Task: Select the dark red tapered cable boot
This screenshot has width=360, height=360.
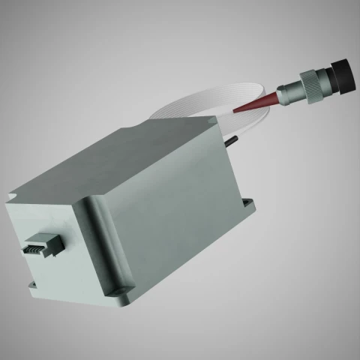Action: [x=259, y=103]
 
